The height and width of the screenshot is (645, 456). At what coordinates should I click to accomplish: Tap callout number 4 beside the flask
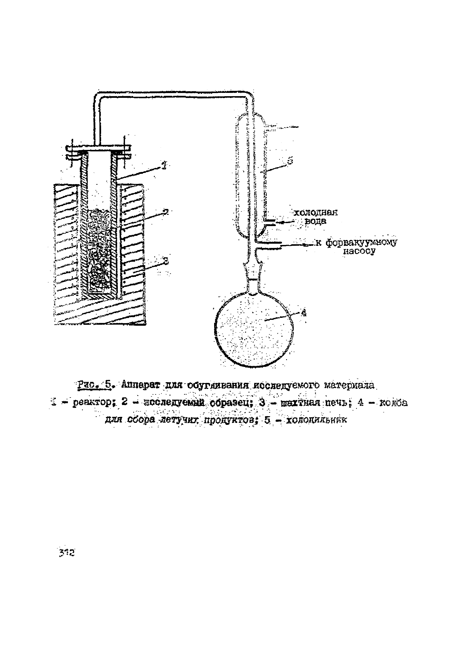click(303, 312)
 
